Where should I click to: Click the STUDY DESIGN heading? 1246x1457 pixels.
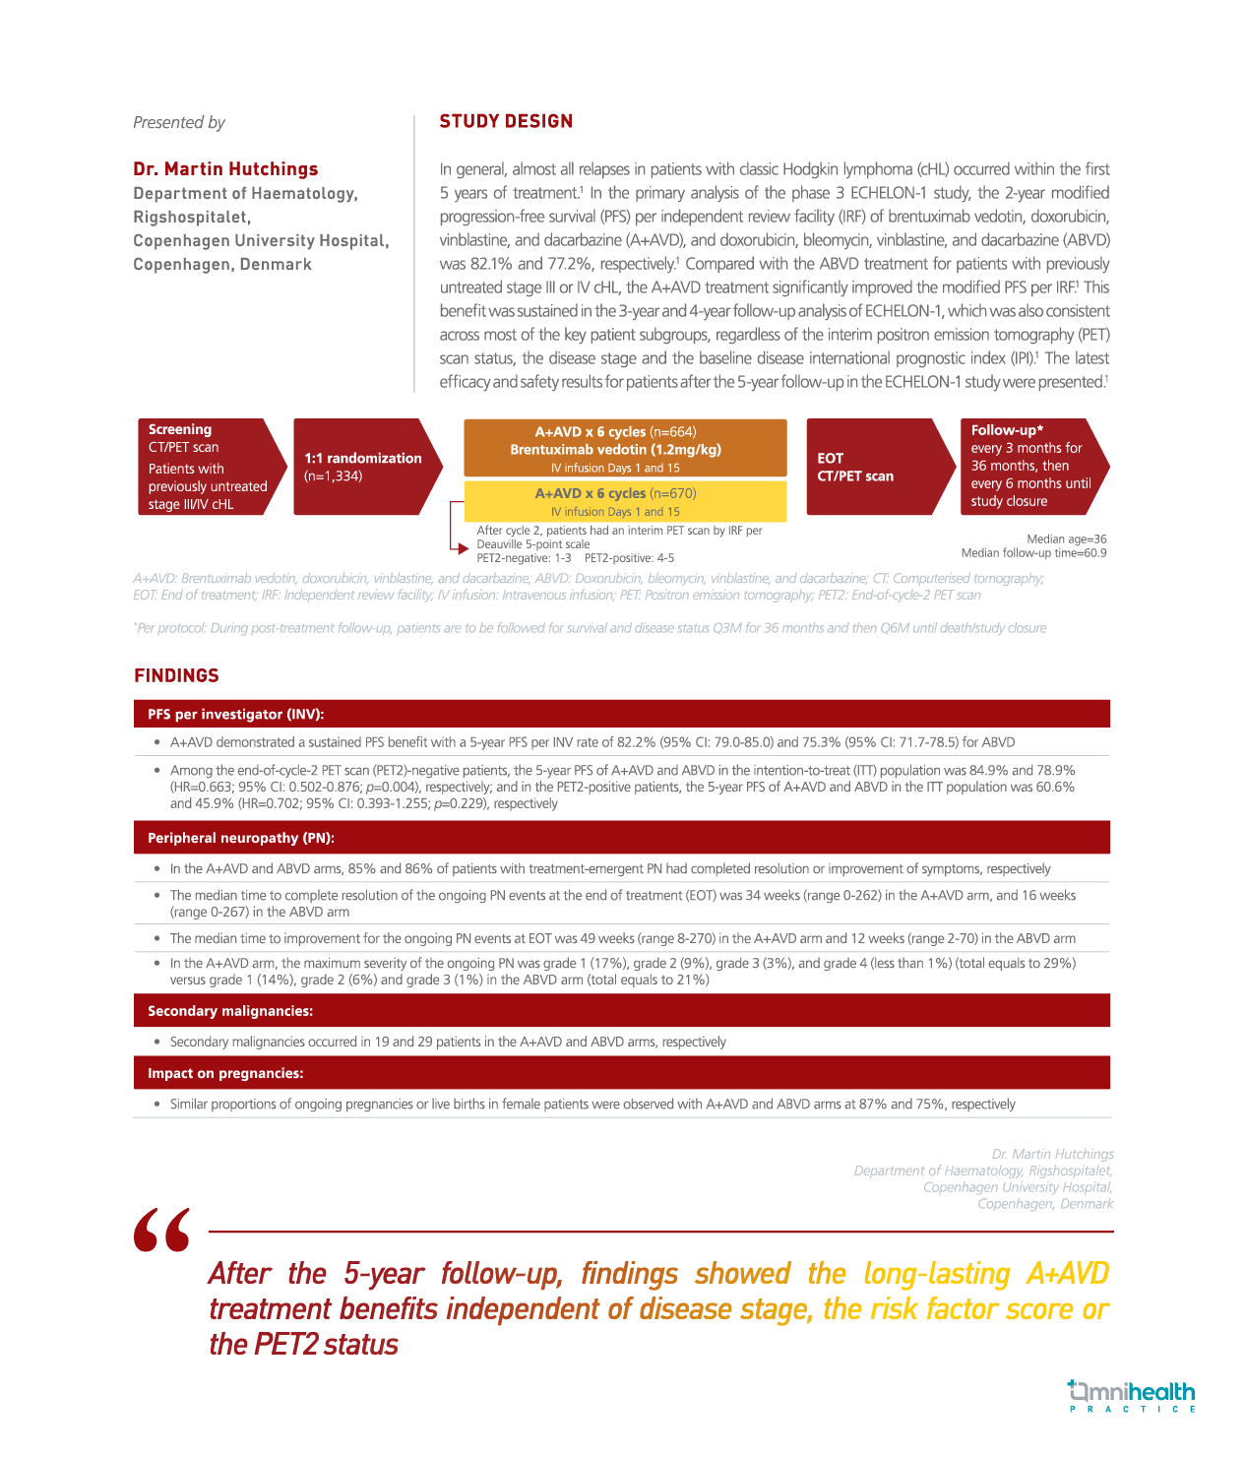506,121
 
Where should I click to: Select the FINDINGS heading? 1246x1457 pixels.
176,675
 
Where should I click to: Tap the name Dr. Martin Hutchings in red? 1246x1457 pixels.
225,169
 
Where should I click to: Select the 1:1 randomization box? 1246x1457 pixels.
362,467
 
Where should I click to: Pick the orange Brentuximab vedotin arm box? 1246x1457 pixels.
625,449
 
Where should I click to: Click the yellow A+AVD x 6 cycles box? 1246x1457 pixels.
625,501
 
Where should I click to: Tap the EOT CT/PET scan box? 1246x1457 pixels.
874,467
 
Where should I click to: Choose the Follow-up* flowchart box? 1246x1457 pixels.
1028,467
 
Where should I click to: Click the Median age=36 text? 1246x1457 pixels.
1066,538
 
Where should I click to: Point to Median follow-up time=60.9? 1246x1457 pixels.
1033,553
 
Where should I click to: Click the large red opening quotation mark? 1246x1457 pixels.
161,1230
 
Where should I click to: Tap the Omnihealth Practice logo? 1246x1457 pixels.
1131,1396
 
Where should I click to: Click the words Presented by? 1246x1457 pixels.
179,122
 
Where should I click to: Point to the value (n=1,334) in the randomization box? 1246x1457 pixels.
334,476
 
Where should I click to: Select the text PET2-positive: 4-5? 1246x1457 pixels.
629,558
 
